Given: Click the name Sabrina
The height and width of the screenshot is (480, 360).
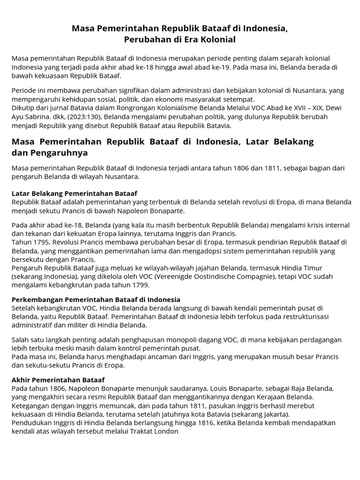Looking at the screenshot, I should [x=42, y=117].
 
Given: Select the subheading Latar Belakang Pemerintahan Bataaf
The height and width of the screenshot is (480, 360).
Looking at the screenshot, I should [x=75, y=193].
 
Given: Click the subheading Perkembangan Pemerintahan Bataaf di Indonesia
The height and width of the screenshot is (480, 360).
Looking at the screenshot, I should [x=96, y=300].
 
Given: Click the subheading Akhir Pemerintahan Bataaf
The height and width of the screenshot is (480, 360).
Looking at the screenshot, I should [x=58, y=379].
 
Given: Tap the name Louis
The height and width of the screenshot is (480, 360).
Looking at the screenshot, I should [x=222, y=388].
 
